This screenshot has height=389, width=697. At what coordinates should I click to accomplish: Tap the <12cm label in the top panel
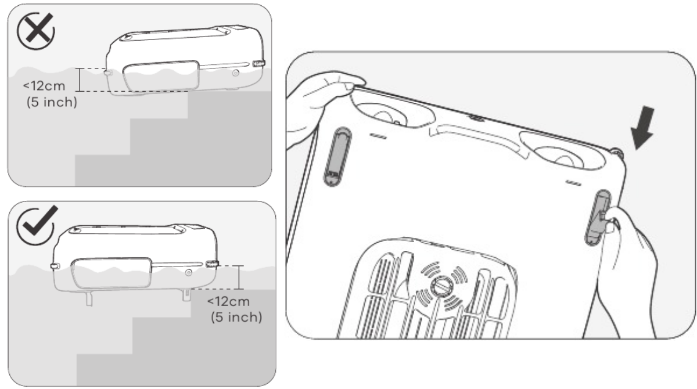(44, 86)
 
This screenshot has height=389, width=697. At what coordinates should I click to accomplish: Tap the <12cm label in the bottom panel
(228, 301)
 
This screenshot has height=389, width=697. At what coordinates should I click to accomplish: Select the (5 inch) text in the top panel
(52, 102)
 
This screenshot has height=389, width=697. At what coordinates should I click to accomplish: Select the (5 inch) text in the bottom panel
(236, 317)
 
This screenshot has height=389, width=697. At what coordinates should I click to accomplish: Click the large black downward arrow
(643, 128)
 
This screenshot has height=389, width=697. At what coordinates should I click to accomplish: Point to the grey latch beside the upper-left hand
(337, 157)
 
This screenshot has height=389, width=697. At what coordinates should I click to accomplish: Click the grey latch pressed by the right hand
(598, 218)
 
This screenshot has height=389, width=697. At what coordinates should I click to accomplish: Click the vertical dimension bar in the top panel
(80, 80)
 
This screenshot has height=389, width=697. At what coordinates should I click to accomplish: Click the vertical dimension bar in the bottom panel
(239, 278)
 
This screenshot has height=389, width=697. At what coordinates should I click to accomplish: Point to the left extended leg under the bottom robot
(89, 298)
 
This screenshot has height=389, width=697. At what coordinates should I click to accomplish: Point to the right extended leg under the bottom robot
(186, 295)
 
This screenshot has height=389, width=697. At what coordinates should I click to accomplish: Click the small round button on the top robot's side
(236, 73)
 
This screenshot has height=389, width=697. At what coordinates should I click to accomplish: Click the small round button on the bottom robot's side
(189, 273)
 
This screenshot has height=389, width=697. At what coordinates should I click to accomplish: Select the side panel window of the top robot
(161, 76)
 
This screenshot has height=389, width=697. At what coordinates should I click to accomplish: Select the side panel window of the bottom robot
(112, 273)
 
